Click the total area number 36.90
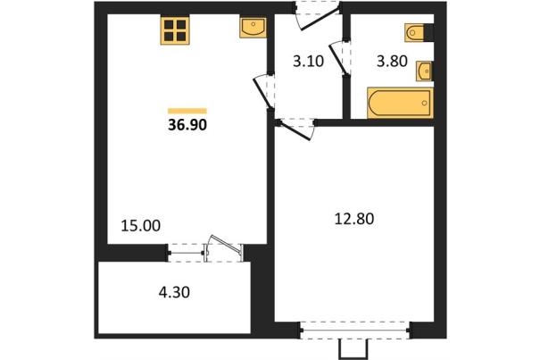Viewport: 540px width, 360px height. [187, 124]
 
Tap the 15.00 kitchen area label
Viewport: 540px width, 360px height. [141, 226]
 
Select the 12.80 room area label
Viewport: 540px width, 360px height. [354, 219]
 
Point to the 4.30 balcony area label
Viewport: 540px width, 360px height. [174, 292]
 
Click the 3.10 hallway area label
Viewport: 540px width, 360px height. [308, 62]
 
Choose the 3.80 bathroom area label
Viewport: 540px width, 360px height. [392, 62]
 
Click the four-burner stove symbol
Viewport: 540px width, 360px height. [175, 30]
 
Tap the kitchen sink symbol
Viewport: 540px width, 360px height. [253, 28]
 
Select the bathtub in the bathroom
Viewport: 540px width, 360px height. [400, 103]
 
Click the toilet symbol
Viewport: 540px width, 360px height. [414, 33]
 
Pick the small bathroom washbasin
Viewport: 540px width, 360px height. [424, 71]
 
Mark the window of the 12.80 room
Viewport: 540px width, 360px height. [354, 331]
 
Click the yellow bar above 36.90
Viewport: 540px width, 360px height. [187, 111]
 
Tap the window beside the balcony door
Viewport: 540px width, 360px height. [186, 253]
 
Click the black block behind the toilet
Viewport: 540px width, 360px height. [428, 33]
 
